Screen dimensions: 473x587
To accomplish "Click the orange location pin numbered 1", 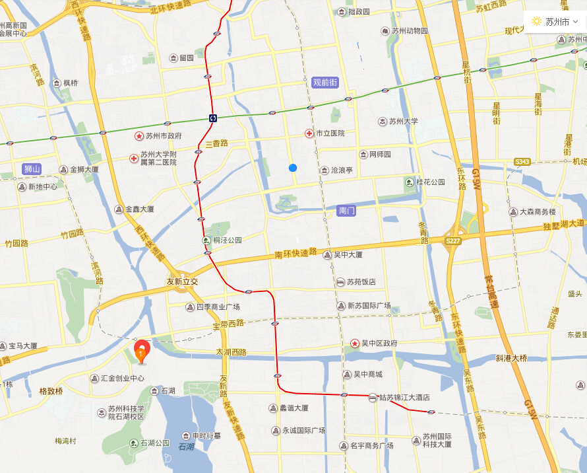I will pos(141,351).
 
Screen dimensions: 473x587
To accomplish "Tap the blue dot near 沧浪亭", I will pos(293,168).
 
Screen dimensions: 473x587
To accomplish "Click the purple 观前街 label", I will pos(324,83).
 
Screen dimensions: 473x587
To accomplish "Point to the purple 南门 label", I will pos(346,211).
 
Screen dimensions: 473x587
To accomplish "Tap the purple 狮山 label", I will pos(32,169).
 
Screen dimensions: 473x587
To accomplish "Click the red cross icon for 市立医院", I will pos(309,133).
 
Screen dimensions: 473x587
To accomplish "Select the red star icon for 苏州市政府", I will pos(139,136).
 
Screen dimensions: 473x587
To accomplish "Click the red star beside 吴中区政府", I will pos(355,344).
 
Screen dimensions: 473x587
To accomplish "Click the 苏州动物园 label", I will pos(409,31).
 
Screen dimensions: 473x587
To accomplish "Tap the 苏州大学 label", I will pos(403,122).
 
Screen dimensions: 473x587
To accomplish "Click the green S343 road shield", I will pos(522,162).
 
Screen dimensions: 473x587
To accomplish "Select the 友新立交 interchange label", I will pos(182,281).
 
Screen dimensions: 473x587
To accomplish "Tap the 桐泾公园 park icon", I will pos(206,240).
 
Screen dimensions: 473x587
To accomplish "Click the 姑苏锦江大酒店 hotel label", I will pos(404,398).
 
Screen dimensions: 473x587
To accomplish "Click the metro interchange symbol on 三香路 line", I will pos(213,118).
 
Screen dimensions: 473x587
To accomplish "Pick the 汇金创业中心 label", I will pos(122,379).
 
